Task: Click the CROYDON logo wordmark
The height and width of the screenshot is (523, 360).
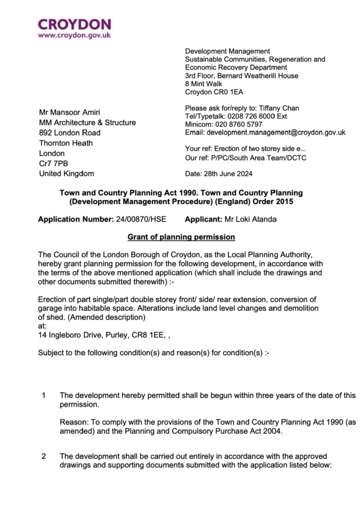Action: (x=75, y=24)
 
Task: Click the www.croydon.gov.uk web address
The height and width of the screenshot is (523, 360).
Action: (x=75, y=36)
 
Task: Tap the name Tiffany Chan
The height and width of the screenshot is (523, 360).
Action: (x=280, y=108)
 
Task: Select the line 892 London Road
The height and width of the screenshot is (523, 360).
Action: (x=70, y=133)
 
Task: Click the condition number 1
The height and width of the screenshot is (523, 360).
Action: (x=44, y=396)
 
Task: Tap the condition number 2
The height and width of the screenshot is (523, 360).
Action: (x=44, y=456)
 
